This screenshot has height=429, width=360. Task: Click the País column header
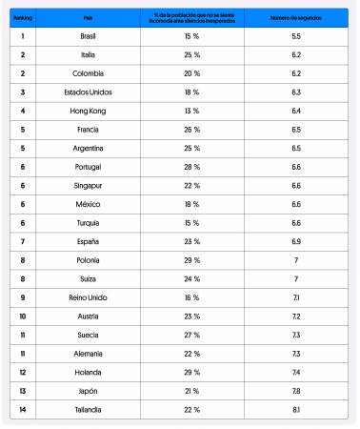[87, 17]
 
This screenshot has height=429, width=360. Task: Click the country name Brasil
[87, 35]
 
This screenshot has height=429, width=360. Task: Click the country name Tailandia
[87, 408]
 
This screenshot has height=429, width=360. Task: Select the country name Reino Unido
[87, 296]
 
